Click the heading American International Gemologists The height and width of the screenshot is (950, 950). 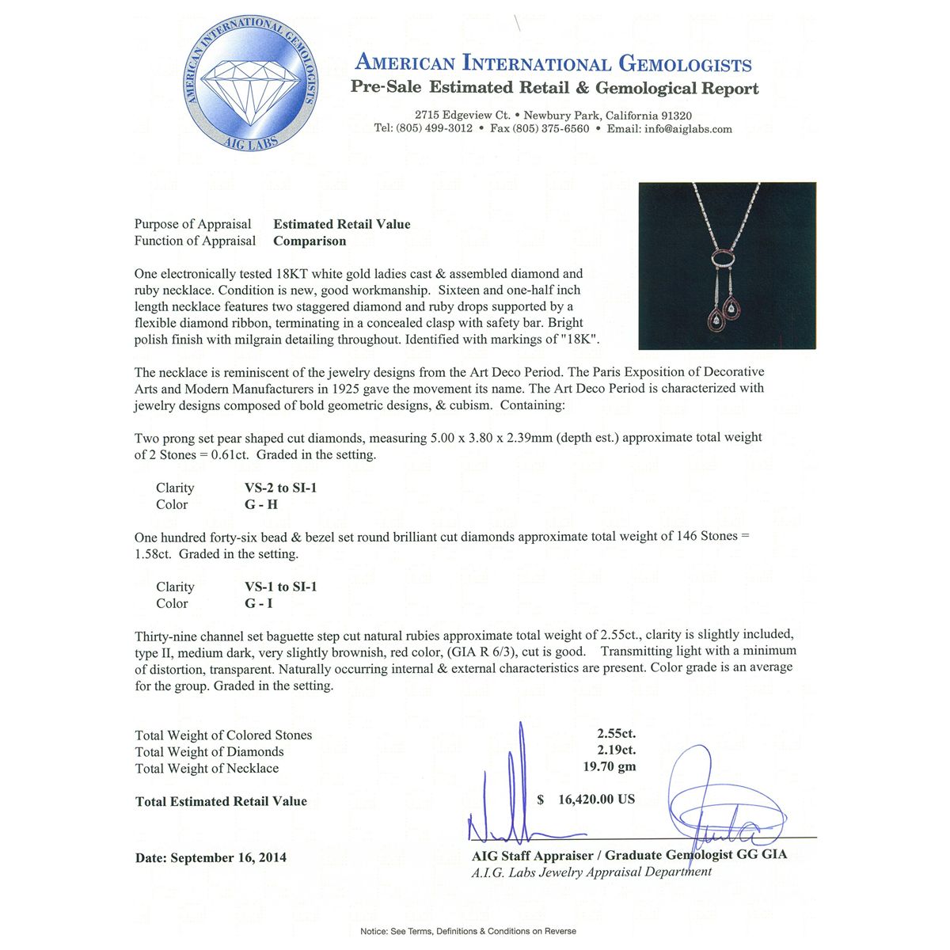[553, 63]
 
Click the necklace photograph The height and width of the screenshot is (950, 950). [727, 265]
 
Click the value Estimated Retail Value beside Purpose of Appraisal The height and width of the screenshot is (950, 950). [342, 224]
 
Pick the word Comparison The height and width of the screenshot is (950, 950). [310, 241]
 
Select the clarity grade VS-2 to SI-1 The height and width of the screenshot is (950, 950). [280, 488]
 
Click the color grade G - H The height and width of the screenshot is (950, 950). [260, 504]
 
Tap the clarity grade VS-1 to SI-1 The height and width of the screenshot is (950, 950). [280, 587]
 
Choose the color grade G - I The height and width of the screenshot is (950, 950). [258, 603]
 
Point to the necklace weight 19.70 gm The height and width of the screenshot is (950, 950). [610, 766]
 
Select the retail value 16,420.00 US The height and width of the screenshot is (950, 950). [596, 800]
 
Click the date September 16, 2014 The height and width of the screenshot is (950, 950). [228, 857]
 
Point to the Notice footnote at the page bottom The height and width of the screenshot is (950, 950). [468, 931]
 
